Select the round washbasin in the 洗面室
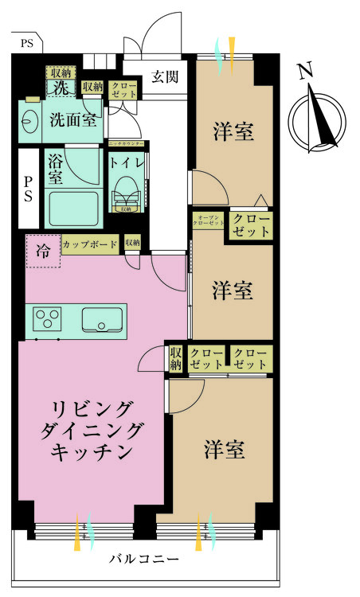coord(33,123)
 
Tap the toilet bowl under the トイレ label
coord(125,192)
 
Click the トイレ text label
coord(127,162)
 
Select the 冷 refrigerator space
coord(41,250)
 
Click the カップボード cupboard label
coord(90,244)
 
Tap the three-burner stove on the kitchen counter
coord(48,320)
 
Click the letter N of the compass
coord(304,72)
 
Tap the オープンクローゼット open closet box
coord(208,221)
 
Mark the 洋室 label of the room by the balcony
coord(223,450)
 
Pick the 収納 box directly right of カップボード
coord(132,243)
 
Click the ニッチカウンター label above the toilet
coord(127,143)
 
